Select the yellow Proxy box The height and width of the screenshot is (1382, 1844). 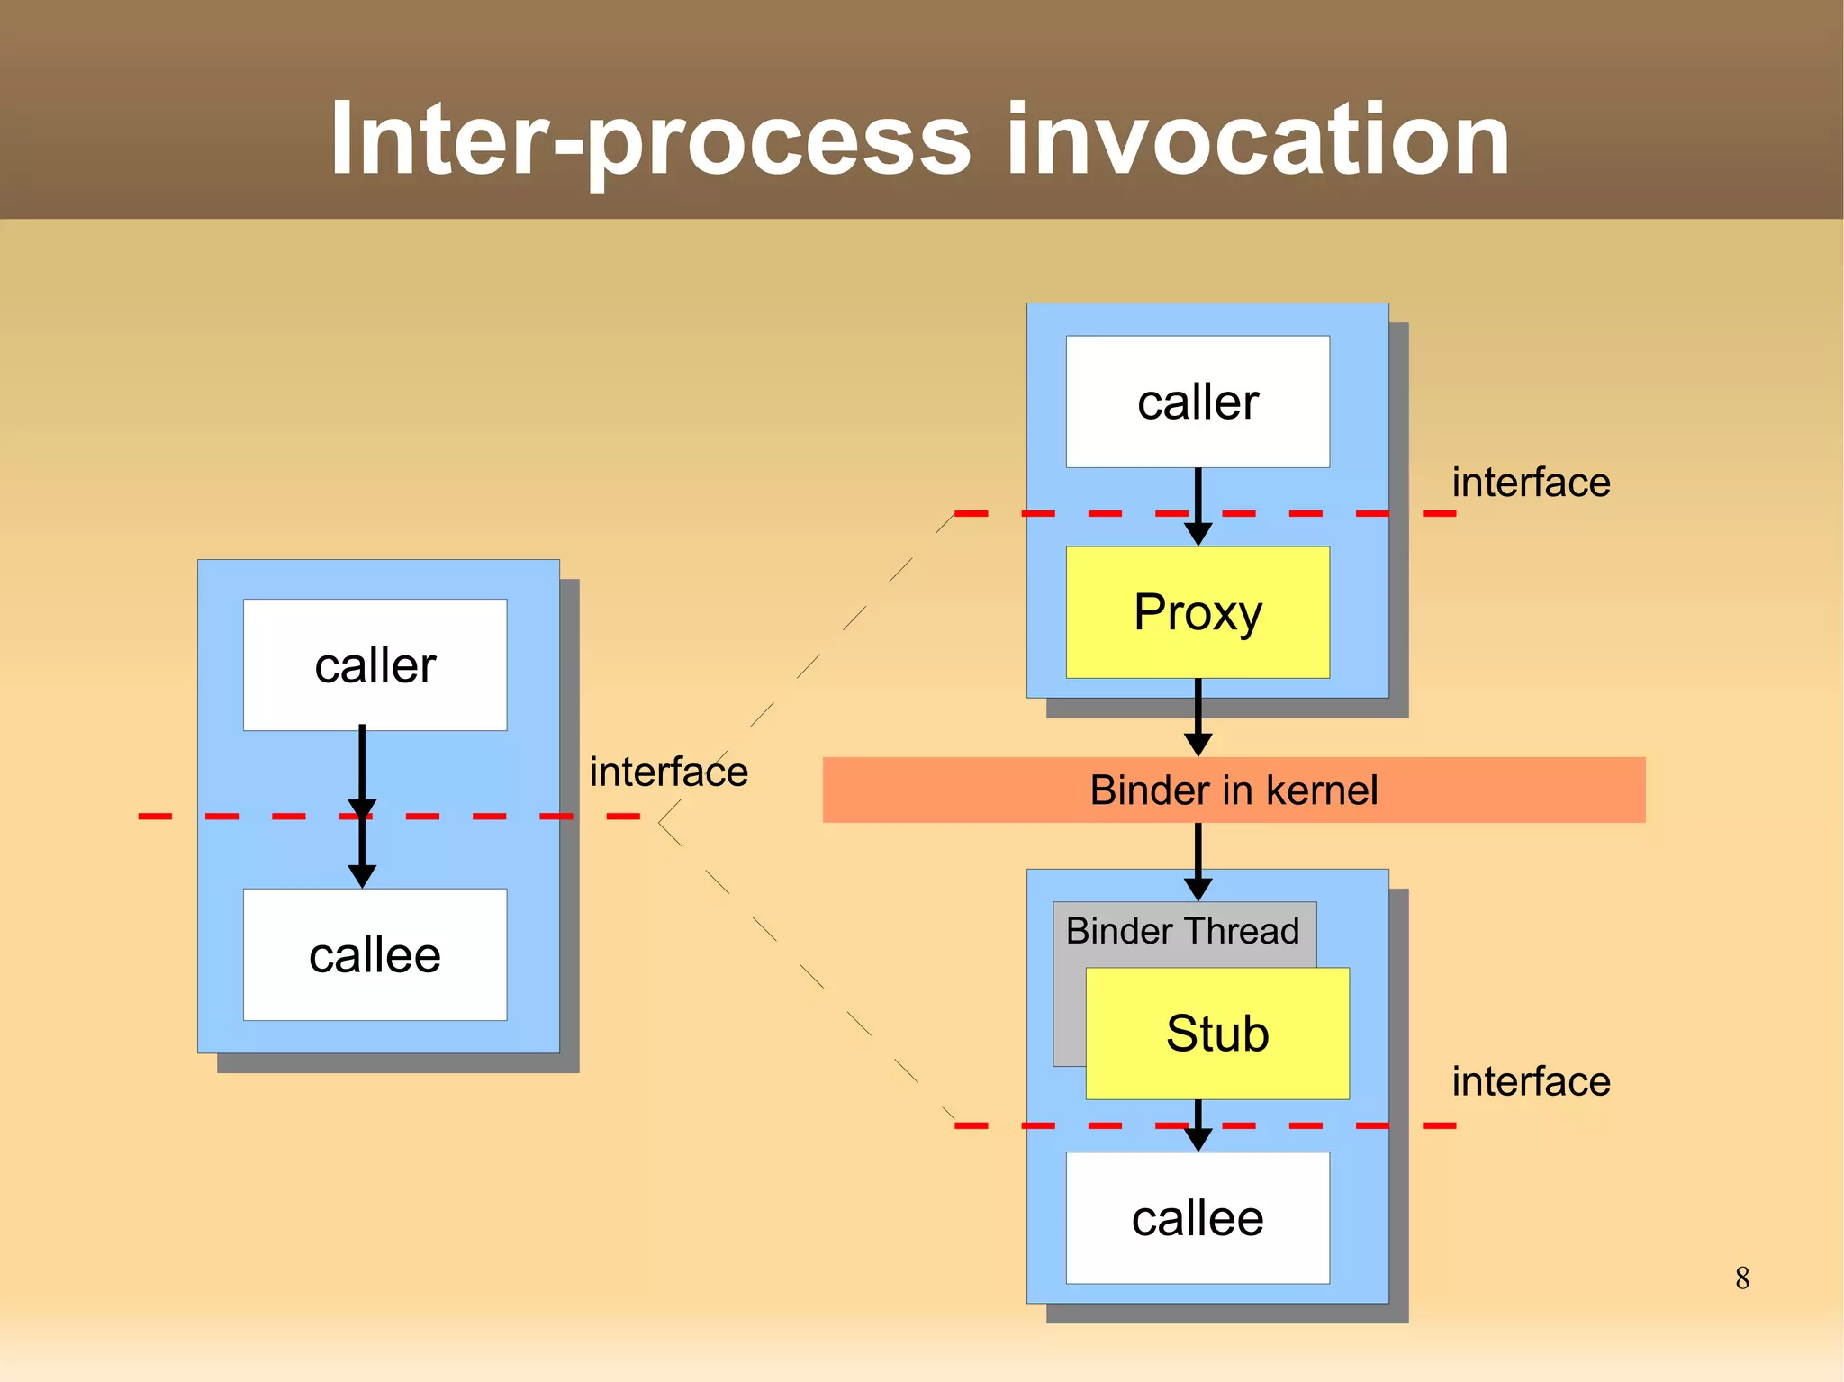pyautogui.click(x=1198, y=612)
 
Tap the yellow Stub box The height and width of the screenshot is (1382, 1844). pyautogui.click(x=1217, y=1033)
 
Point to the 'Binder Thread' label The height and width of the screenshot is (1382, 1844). pyautogui.click(x=1182, y=931)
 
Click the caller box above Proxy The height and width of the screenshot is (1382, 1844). pyautogui.click(x=1198, y=402)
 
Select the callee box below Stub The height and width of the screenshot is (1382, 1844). pyautogui.click(x=1198, y=1218)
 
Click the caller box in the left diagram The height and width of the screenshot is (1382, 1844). pyautogui.click(x=375, y=664)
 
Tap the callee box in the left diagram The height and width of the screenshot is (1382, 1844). pyautogui.click(x=375, y=954)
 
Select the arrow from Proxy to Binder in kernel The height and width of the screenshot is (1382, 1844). pyautogui.click(x=1198, y=716)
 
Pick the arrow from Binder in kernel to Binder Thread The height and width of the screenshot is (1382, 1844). pyautogui.click(x=1198, y=860)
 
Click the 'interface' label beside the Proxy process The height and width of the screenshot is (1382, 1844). pyautogui.click(x=1531, y=483)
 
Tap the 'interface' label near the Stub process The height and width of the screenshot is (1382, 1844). pyautogui.click(x=1531, y=1081)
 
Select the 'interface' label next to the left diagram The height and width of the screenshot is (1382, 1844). pyautogui.click(x=668, y=772)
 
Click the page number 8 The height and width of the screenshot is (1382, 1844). pyautogui.click(x=1742, y=1278)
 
